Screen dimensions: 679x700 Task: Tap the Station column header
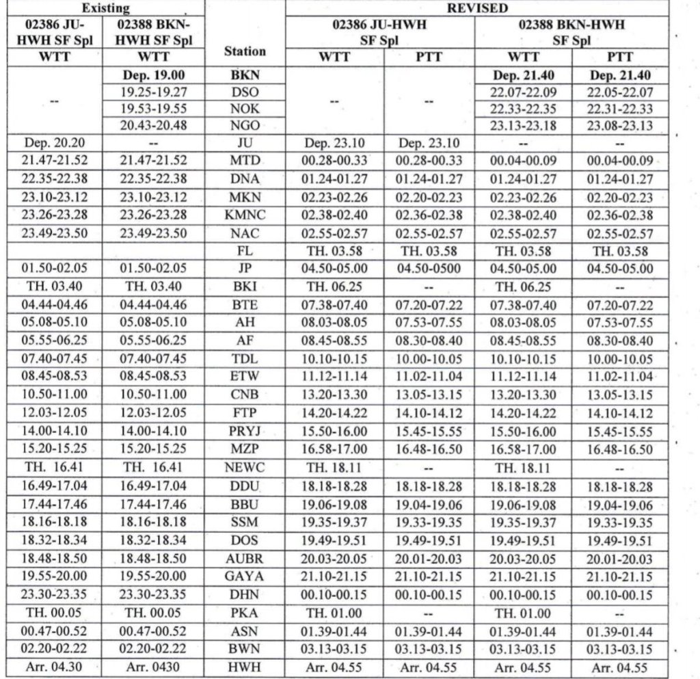pyautogui.click(x=245, y=51)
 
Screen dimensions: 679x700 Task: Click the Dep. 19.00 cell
pyautogui.click(x=154, y=75)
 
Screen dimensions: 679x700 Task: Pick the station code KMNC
pyautogui.click(x=245, y=215)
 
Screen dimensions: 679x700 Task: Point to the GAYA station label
pyautogui.click(x=245, y=576)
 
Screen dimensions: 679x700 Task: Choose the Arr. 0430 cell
pyautogui.click(x=154, y=667)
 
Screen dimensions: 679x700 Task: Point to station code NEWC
pyautogui.click(x=245, y=468)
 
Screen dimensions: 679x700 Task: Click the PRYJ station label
pyautogui.click(x=245, y=432)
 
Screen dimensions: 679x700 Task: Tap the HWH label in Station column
pyautogui.click(x=245, y=667)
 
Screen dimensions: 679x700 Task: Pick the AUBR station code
pyautogui.click(x=245, y=559)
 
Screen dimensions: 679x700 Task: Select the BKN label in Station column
pyautogui.click(x=245, y=75)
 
